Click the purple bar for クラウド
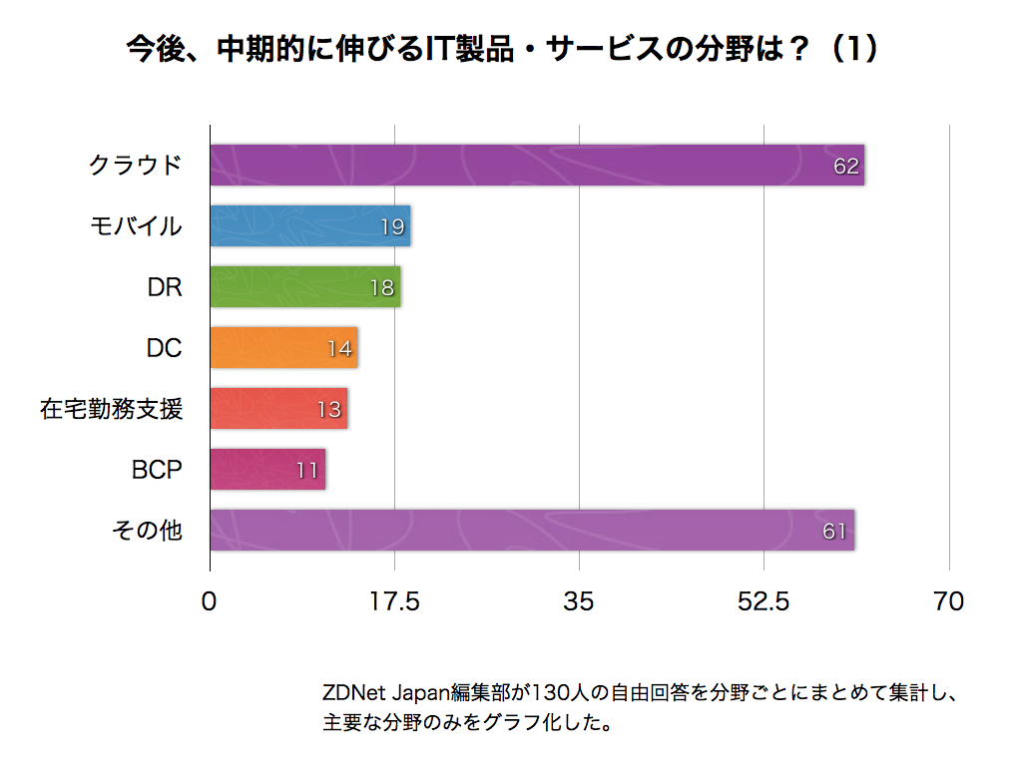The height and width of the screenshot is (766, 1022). click(537, 166)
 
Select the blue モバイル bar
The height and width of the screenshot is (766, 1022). click(310, 226)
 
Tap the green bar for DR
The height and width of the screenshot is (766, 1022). click(305, 287)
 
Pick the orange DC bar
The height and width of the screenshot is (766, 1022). click(283, 348)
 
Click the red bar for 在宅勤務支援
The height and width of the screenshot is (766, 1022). click(278, 409)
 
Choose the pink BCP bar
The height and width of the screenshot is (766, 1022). click(267, 470)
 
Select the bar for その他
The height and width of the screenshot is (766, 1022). click(532, 531)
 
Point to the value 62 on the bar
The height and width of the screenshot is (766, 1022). click(846, 167)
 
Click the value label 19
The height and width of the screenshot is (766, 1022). click(392, 227)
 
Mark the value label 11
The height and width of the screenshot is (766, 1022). click(307, 471)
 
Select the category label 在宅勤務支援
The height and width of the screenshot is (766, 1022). click(112, 408)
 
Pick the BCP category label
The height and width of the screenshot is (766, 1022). click(157, 469)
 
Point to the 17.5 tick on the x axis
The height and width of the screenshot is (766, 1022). click(394, 601)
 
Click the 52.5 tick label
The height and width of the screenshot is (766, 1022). click(764, 601)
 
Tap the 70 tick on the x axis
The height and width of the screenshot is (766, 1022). click(948, 601)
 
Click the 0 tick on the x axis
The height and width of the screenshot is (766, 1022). click(210, 601)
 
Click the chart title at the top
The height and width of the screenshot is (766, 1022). click(503, 50)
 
